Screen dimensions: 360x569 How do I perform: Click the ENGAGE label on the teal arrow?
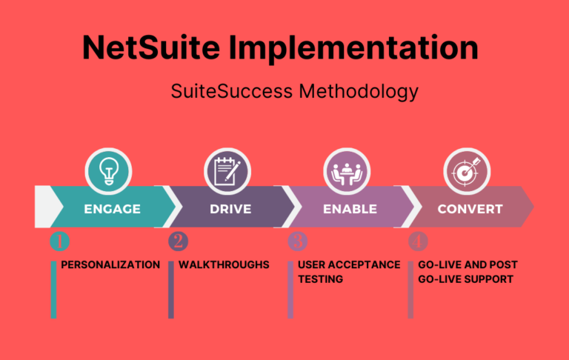[x=113, y=209]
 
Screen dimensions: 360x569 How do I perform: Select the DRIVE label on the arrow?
[x=230, y=209]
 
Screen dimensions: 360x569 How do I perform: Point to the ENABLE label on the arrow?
[x=350, y=209]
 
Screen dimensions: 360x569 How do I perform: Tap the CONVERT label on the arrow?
[x=470, y=209]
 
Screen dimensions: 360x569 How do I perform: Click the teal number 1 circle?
[x=59, y=241]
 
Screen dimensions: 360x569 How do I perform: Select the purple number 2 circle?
[x=178, y=241]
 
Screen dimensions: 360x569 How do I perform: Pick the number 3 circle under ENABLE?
[x=296, y=241]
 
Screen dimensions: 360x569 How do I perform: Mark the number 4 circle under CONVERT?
[x=418, y=241]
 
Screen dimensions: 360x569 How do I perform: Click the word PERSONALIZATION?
[x=110, y=264]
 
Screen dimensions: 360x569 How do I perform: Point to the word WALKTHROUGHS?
[x=224, y=264]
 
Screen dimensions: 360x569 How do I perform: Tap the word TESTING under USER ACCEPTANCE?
[x=321, y=279]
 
